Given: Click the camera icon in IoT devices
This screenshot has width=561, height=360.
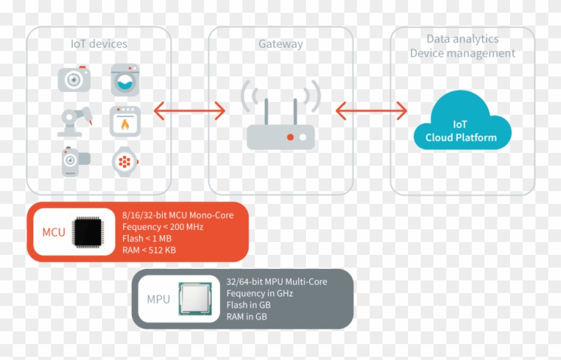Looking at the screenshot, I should click(x=74, y=79).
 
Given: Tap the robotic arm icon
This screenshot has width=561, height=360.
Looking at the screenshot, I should click(x=75, y=122).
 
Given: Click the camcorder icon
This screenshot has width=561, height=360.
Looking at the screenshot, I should click(x=75, y=162).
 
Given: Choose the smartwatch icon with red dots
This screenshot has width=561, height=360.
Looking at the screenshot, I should click(x=125, y=162).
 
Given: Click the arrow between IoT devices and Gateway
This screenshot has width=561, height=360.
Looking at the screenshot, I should click(x=189, y=111).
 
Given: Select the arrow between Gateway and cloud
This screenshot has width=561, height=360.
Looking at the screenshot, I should click(x=371, y=111).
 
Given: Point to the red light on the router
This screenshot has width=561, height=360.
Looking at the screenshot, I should click(x=291, y=137).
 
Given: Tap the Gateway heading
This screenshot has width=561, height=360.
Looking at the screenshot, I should click(x=280, y=45).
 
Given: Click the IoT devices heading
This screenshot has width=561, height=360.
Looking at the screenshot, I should click(x=99, y=45).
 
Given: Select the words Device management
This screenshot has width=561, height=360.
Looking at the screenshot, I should click(x=462, y=54).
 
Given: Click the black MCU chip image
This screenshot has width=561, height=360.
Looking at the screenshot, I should click(x=88, y=232).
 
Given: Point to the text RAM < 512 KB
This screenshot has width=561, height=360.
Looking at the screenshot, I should click(x=149, y=250).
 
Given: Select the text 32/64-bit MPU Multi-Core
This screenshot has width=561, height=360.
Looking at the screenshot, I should click(x=277, y=282).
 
